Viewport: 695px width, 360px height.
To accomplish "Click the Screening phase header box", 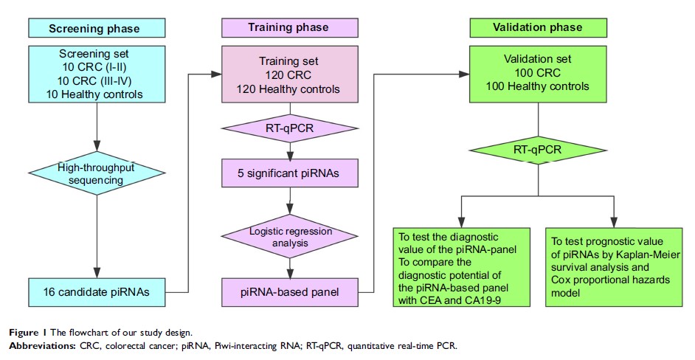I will [94, 29].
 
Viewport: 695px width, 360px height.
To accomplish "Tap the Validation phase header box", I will [539, 28].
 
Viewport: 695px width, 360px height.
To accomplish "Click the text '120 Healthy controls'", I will [290, 89].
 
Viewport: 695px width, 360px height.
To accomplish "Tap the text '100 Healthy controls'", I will [538, 86].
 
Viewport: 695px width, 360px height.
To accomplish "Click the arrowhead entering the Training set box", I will [217, 74].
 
